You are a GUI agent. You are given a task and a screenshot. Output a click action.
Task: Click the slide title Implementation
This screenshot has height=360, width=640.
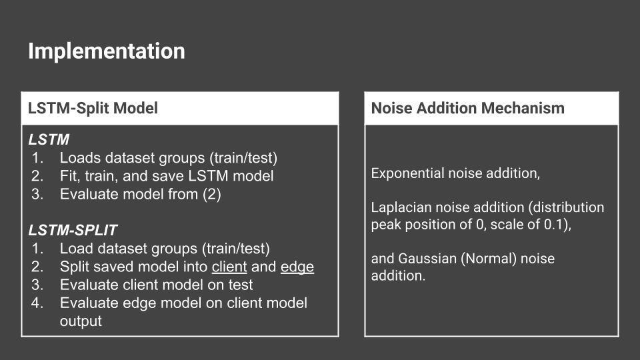[107, 51]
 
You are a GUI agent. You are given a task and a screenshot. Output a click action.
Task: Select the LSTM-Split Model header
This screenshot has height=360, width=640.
[93, 108]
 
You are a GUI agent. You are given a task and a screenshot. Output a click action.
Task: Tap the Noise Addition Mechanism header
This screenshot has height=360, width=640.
[468, 108]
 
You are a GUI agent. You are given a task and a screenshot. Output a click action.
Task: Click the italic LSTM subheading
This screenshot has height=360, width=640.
[49, 139]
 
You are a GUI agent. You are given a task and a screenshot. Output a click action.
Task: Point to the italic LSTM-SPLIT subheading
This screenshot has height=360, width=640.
[73, 230]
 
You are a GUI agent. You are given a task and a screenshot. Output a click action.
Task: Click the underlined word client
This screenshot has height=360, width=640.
[229, 267]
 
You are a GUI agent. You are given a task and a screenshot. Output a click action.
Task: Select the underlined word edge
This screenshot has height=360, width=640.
[297, 267]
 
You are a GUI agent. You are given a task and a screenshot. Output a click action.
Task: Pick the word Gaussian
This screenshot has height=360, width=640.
[427, 259]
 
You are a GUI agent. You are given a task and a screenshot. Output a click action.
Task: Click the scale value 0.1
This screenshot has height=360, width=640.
[555, 225]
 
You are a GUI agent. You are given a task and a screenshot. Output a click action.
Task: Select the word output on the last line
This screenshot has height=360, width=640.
[81, 321]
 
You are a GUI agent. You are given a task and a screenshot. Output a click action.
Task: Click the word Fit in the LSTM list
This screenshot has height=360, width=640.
[68, 176]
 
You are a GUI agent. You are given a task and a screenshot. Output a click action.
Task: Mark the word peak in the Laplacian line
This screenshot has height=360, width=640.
[386, 225]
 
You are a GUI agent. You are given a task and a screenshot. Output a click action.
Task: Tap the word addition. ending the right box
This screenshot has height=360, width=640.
[399, 276]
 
